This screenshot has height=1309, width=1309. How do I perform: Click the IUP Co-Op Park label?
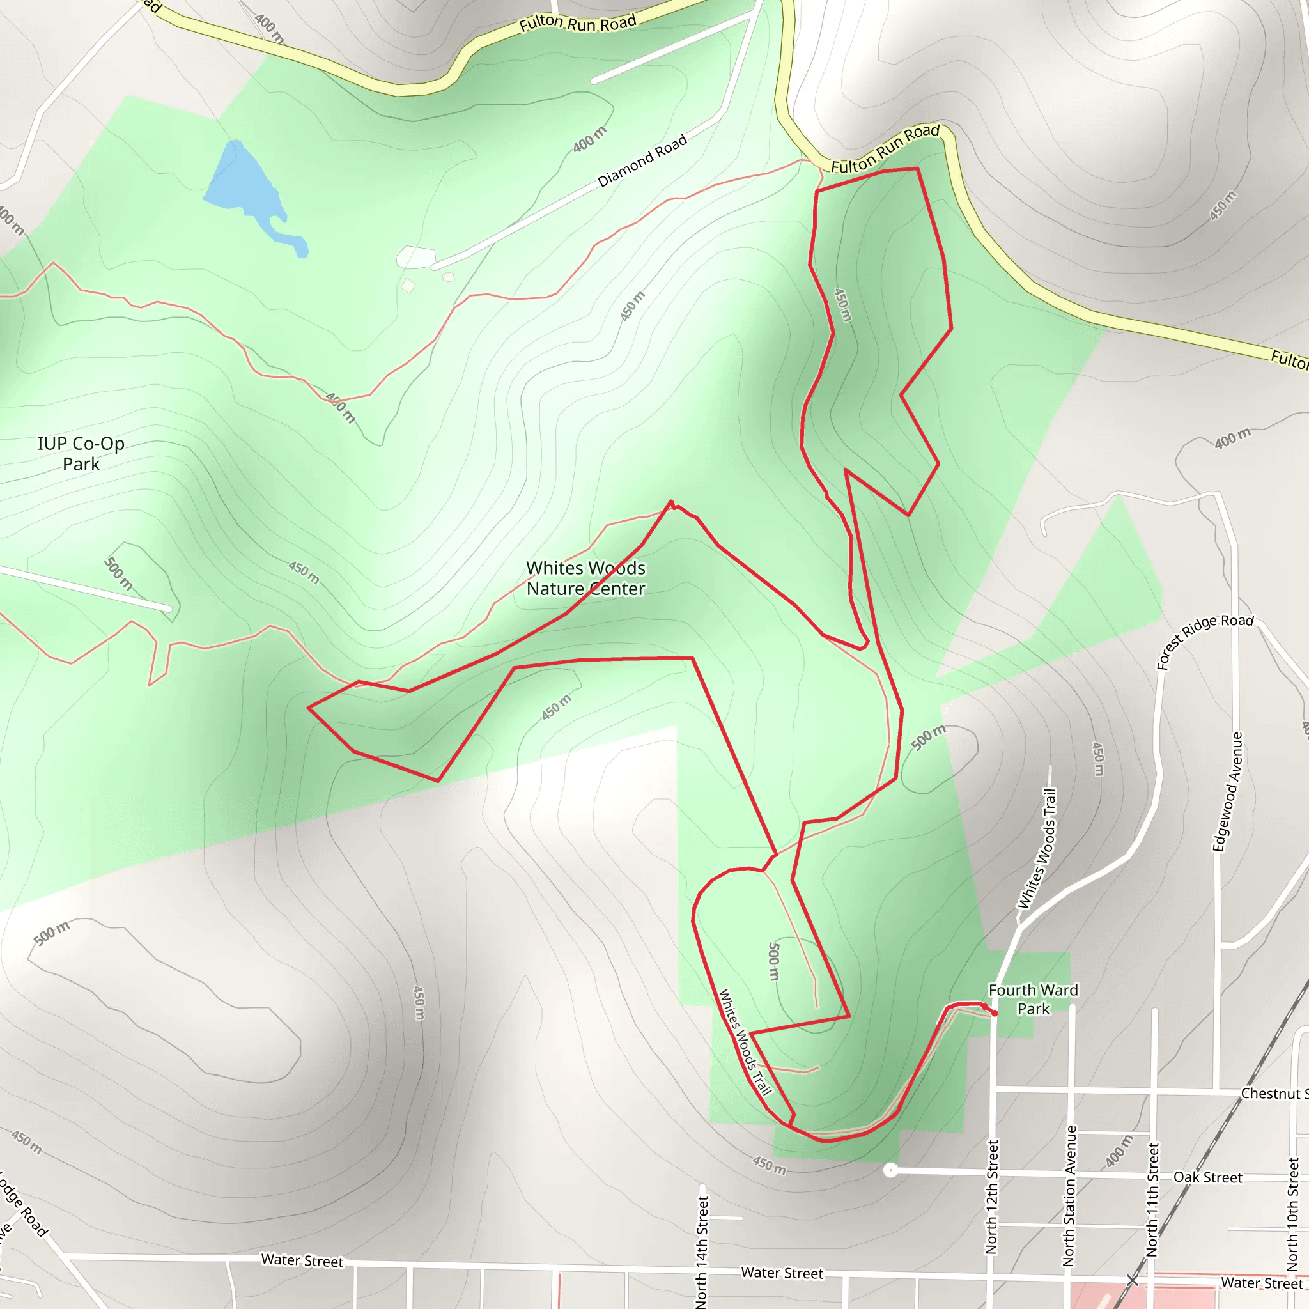(x=81, y=454)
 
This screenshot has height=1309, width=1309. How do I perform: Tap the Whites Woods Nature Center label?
(x=585, y=578)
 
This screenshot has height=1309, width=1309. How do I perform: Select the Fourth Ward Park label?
(x=1033, y=1000)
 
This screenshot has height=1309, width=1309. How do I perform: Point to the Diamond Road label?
(x=642, y=160)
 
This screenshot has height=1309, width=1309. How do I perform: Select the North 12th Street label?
(x=992, y=1197)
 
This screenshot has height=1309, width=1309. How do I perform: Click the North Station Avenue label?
(x=1069, y=1196)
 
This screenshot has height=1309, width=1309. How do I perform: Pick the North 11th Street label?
(x=1152, y=1199)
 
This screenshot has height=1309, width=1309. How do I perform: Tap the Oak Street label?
(x=1207, y=1177)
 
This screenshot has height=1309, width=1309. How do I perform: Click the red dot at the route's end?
(x=994, y=1013)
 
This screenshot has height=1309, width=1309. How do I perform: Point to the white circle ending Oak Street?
(x=891, y=1170)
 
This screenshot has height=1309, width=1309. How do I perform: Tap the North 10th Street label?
(x=1293, y=1212)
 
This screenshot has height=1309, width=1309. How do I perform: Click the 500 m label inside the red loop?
(x=774, y=961)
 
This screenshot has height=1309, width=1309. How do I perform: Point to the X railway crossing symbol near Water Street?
(x=1132, y=1280)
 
